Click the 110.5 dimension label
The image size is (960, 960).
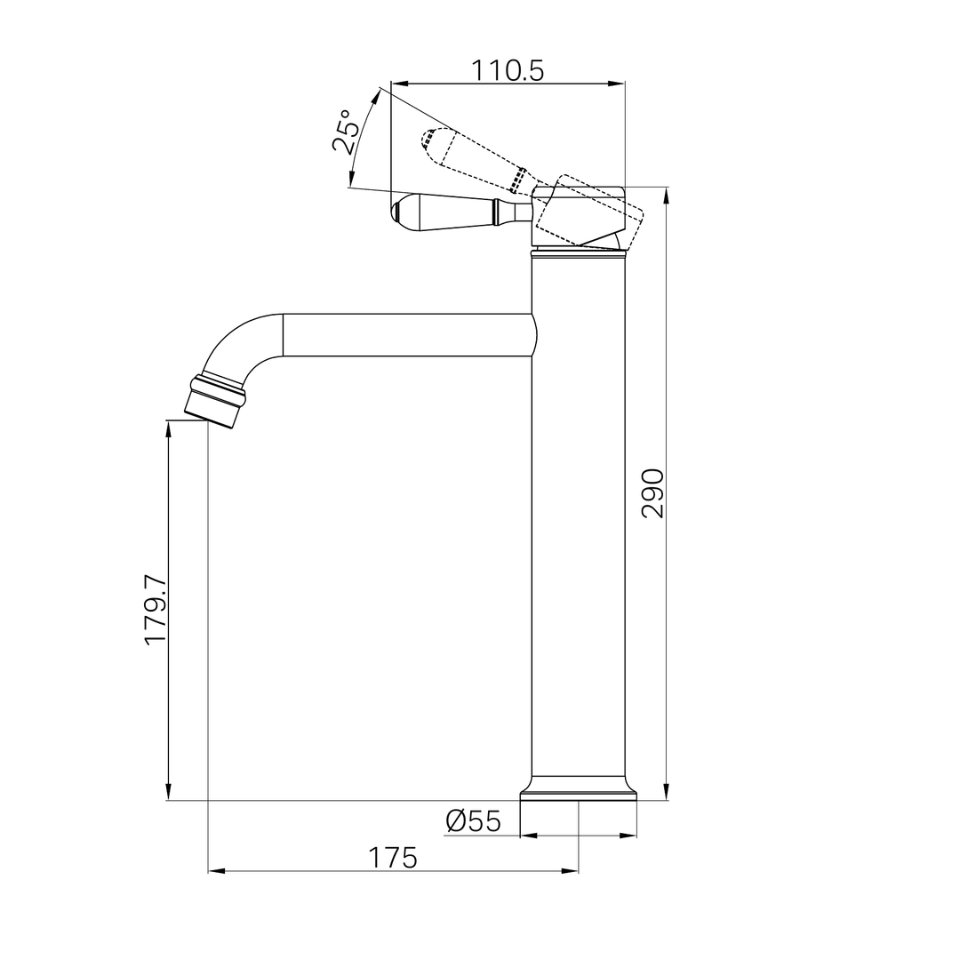(x=507, y=71)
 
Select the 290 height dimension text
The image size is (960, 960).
(x=652, y=493)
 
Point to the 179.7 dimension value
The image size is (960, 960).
(x=156, y=609)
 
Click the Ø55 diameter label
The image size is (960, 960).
(x=474, y=821)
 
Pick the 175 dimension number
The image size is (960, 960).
(x=393, y=858)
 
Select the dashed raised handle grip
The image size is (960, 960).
(x=471, y=156)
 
